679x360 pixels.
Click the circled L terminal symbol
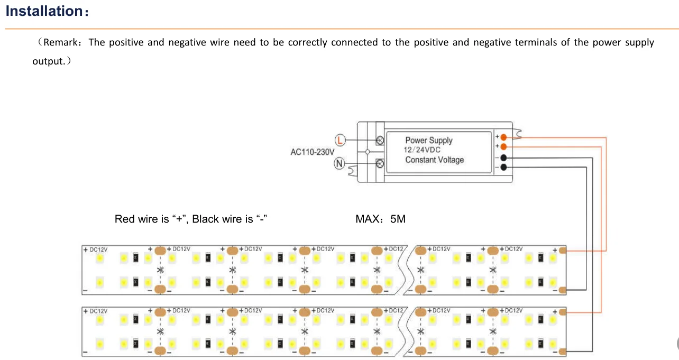341,140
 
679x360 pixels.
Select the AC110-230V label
313,152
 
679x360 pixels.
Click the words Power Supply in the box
429,140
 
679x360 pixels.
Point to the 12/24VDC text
423,150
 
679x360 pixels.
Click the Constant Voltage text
434,160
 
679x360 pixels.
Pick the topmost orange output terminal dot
503,137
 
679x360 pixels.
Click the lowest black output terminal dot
503,167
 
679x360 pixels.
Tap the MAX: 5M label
381,219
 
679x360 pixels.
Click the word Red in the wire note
124,219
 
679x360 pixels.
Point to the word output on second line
48,61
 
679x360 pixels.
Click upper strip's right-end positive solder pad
562,250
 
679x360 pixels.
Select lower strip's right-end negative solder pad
562,351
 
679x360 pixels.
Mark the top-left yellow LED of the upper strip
99,258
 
